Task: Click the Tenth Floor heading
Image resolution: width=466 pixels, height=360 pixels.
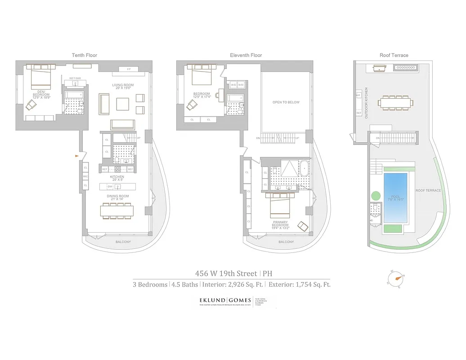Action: point(85,55)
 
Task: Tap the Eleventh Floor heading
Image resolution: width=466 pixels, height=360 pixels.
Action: point(246,55)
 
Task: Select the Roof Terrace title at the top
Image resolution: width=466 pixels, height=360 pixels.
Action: point(394,55)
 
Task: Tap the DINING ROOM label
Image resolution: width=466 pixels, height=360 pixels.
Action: point(118,196)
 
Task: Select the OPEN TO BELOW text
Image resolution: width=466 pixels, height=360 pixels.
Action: point(286,102)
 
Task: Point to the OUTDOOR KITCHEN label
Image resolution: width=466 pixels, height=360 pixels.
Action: point(366,103)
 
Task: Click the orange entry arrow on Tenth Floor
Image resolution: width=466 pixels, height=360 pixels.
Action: point(77,156)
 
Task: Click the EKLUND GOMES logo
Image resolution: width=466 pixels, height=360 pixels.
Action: point(226,300)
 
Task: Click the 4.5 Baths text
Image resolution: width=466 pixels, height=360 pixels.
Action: point(185,284)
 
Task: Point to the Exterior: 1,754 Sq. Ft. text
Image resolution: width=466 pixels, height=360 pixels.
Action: point(300,284)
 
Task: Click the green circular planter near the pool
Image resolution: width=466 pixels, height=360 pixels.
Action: point(376,197)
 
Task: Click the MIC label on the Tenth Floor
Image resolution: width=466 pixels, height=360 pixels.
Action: point(85,176)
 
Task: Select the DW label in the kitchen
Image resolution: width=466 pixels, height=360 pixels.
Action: point(110,186)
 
